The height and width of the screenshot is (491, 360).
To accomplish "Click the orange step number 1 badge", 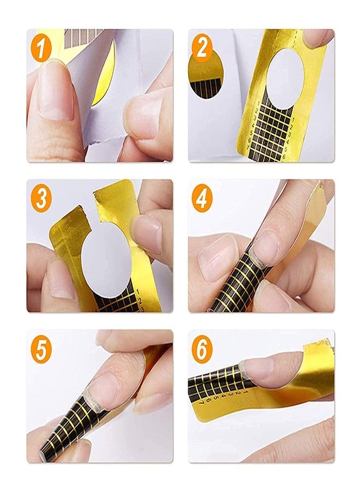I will (42, 47).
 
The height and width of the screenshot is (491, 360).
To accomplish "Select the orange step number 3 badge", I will (42, 198).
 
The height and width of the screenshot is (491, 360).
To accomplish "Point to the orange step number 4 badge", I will (202, 198).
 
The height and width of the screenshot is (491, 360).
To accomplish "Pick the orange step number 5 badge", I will (42, 349).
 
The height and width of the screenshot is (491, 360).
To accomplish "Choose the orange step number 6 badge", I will (202, 349).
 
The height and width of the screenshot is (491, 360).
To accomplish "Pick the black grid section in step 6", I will (218, 382).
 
